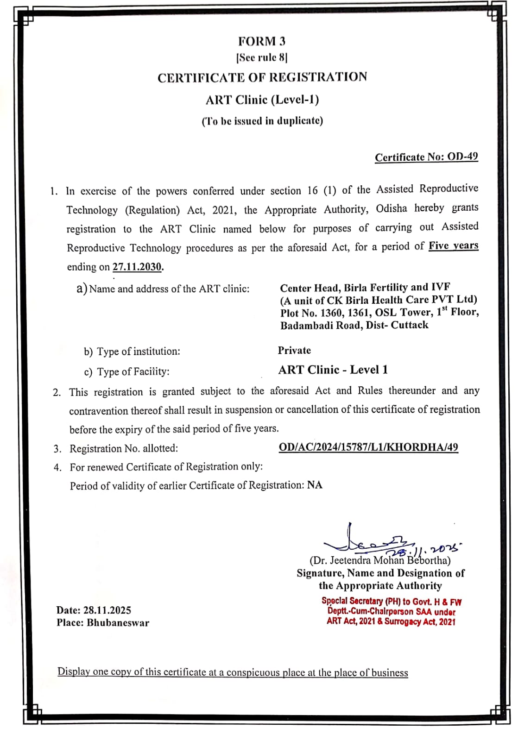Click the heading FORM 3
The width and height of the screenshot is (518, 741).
[262, 42]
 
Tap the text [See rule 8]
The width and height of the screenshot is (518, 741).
[262, 58]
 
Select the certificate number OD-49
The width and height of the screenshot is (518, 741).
[463, 157]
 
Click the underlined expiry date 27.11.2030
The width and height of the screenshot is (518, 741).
[138, 267]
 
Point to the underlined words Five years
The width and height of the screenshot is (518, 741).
[453, 246]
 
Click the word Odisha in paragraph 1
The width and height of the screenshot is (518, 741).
[392, 208]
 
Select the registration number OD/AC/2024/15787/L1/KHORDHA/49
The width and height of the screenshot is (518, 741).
[368, 447]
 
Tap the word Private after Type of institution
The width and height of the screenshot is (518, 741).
[294, 351]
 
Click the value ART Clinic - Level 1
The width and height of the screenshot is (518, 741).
[333, 370]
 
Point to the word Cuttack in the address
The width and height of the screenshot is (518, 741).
[410, 325]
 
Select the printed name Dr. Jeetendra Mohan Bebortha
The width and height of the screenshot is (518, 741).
[380, 560]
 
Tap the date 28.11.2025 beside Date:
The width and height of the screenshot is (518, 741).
[107, 610]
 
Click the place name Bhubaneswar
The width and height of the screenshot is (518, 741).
[118, 623]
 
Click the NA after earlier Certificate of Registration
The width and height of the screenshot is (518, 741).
[315, 485]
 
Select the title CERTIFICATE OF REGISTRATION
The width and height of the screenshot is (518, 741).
[262, 77]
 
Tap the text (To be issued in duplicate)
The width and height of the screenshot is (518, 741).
[262, 121]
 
